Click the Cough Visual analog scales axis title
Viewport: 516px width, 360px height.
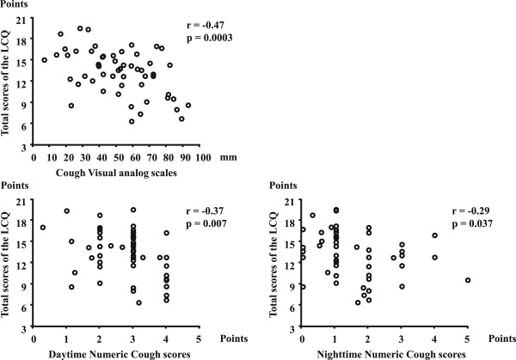click(105, 173)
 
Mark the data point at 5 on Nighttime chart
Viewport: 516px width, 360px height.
click(468, 280)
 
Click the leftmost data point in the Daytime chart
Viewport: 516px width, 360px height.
click(43, 228)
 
